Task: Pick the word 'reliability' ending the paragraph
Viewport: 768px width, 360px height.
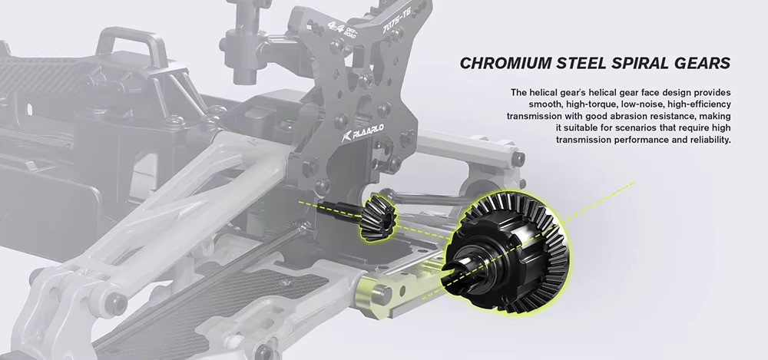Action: pyautogui.click(x=709, y=140)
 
